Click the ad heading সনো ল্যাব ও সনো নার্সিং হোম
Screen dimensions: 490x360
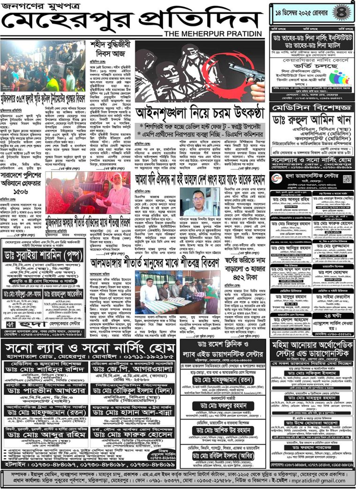pyautogui.click(x=89, y=349)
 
